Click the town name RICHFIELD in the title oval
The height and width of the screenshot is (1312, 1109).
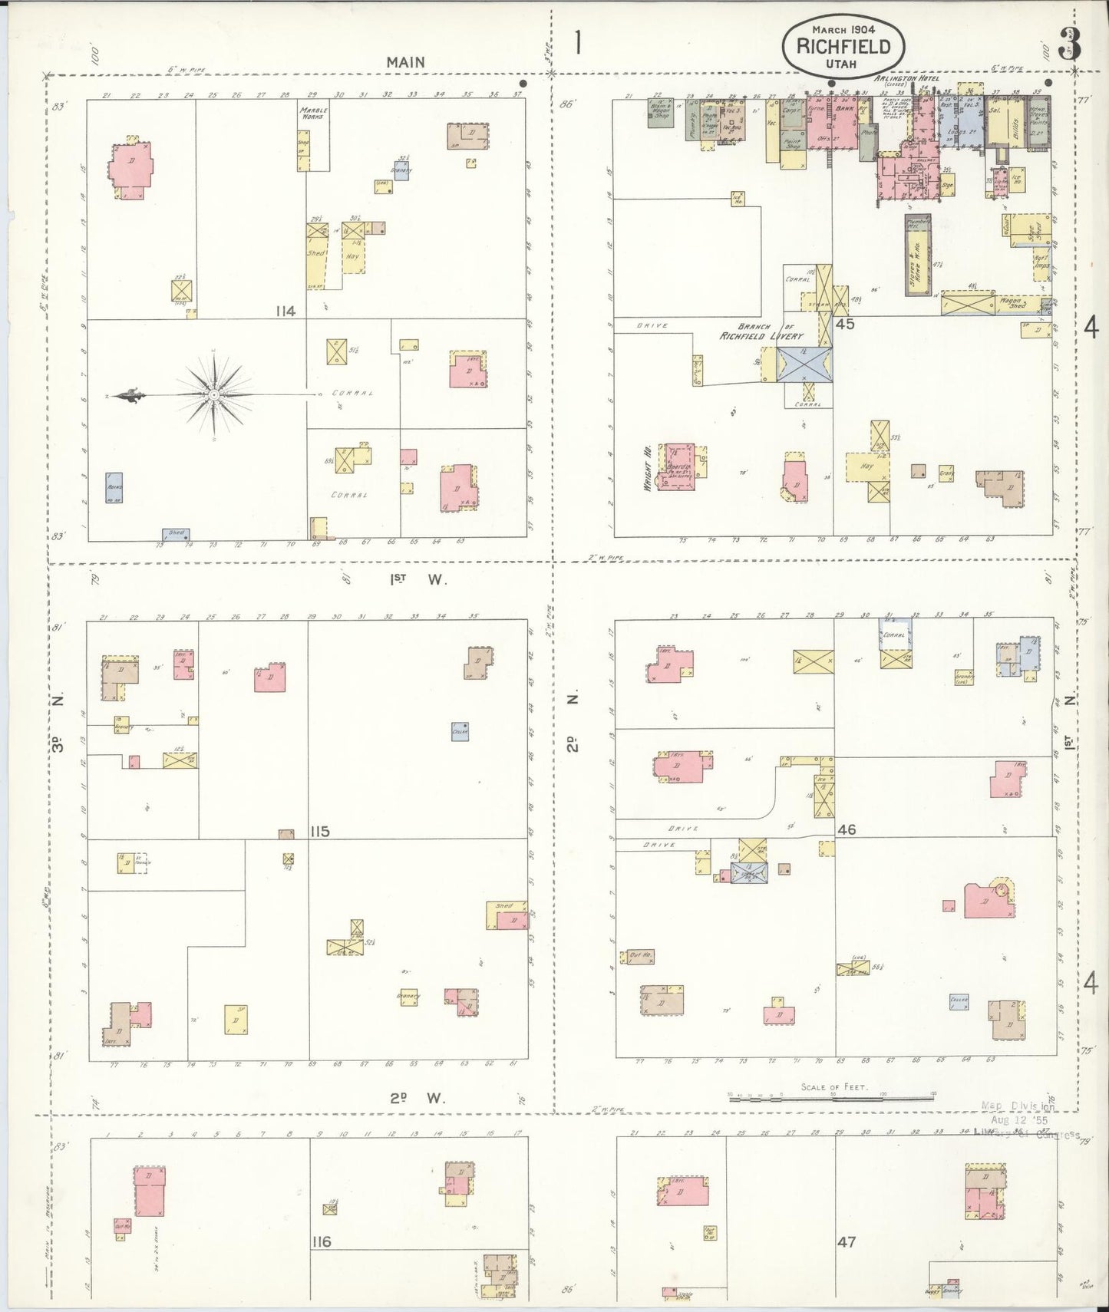coord(843,46)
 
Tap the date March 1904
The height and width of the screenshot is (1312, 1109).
coord(843,28)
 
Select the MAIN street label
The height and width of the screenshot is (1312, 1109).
coord(405,62)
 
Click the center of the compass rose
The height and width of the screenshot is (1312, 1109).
coord(214,395)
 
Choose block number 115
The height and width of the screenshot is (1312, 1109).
coord(320,832)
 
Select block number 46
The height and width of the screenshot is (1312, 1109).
coord(847,829)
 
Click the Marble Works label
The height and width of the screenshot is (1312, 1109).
coord(313,113)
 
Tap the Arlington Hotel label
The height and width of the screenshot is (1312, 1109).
coord(906,78)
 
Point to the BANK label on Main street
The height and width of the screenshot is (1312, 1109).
coord(844,110)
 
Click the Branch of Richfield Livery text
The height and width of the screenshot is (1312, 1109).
coord(761,331)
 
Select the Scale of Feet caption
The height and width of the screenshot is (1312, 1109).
coord(834,1087)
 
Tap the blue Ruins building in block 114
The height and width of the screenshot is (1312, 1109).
coord(114,487)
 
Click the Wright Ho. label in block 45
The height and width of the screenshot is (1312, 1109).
coord(649,466)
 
